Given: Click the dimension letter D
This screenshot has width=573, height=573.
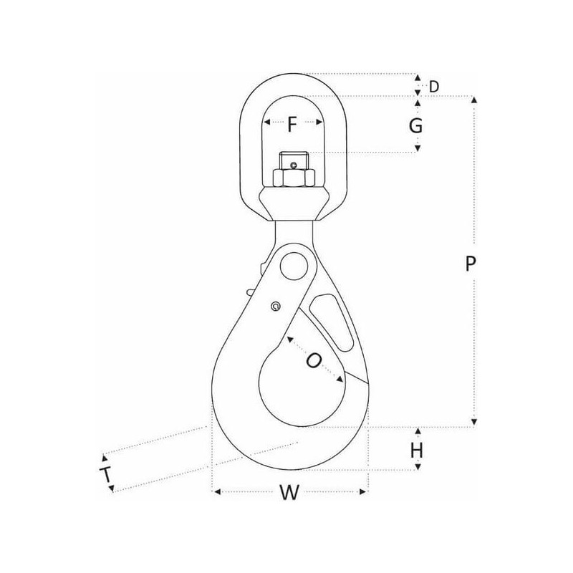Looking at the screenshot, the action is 434,87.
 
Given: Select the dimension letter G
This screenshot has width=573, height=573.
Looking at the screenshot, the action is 416,126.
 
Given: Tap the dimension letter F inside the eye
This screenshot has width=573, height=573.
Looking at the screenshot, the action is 292,124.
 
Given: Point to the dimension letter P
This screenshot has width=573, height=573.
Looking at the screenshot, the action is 471,263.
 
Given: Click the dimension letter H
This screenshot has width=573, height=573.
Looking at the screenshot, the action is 417,451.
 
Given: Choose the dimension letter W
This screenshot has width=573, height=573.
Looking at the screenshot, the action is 290,492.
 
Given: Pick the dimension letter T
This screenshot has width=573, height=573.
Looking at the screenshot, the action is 106,475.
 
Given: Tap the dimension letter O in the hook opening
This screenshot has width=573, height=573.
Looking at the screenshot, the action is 314,361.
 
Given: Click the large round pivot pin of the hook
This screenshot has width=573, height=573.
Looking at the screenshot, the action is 294,266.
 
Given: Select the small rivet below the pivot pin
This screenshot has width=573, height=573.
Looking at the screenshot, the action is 276,307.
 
